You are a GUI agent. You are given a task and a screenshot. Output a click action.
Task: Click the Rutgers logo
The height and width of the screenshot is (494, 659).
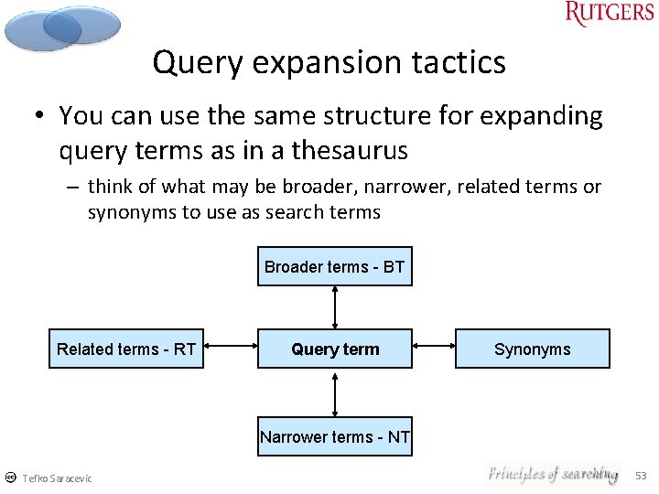click(x=610, y=14)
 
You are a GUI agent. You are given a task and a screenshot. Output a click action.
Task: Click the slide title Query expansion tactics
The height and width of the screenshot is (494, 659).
click(x=329, y=62)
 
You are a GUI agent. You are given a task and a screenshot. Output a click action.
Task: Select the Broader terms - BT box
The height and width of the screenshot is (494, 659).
click(x=335, y=267)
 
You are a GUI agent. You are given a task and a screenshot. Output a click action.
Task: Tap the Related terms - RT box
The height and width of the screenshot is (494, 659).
click(x=126, y=349)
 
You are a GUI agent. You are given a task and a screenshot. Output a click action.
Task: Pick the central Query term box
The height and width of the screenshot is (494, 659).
click(x=335, y=349)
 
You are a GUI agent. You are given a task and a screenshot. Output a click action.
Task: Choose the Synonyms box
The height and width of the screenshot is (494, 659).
click(x=532, y=349)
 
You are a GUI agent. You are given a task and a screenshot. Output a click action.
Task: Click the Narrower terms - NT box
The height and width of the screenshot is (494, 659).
click(x=335, y=436)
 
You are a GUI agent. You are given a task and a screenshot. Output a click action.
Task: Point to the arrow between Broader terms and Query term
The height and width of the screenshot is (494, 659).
click(x=335, y=307)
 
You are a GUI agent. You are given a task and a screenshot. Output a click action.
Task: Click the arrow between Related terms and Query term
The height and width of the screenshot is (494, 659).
click(x=231, y=347)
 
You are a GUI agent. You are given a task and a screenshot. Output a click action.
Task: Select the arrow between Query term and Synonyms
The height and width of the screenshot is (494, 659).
click(x=434, y=347)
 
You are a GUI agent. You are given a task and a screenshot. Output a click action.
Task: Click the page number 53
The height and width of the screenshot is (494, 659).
click(x=641, y=476)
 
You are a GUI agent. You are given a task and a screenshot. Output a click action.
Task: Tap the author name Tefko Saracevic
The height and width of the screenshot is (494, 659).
click(x=57, y=478)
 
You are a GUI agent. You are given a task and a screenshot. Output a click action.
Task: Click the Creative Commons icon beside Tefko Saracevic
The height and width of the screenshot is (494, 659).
click(x=10, y=478)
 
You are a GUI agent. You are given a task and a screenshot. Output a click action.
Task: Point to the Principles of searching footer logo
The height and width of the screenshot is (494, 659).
click(x=552, y=474)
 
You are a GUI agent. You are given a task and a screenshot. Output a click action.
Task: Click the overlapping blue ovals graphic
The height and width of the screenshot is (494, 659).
click(x=62, y=27)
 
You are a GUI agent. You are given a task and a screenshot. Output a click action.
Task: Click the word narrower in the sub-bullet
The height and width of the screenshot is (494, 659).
click(x=400, y=188)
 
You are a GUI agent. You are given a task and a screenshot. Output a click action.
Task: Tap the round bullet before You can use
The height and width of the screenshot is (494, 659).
click(x=41, y=116)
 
